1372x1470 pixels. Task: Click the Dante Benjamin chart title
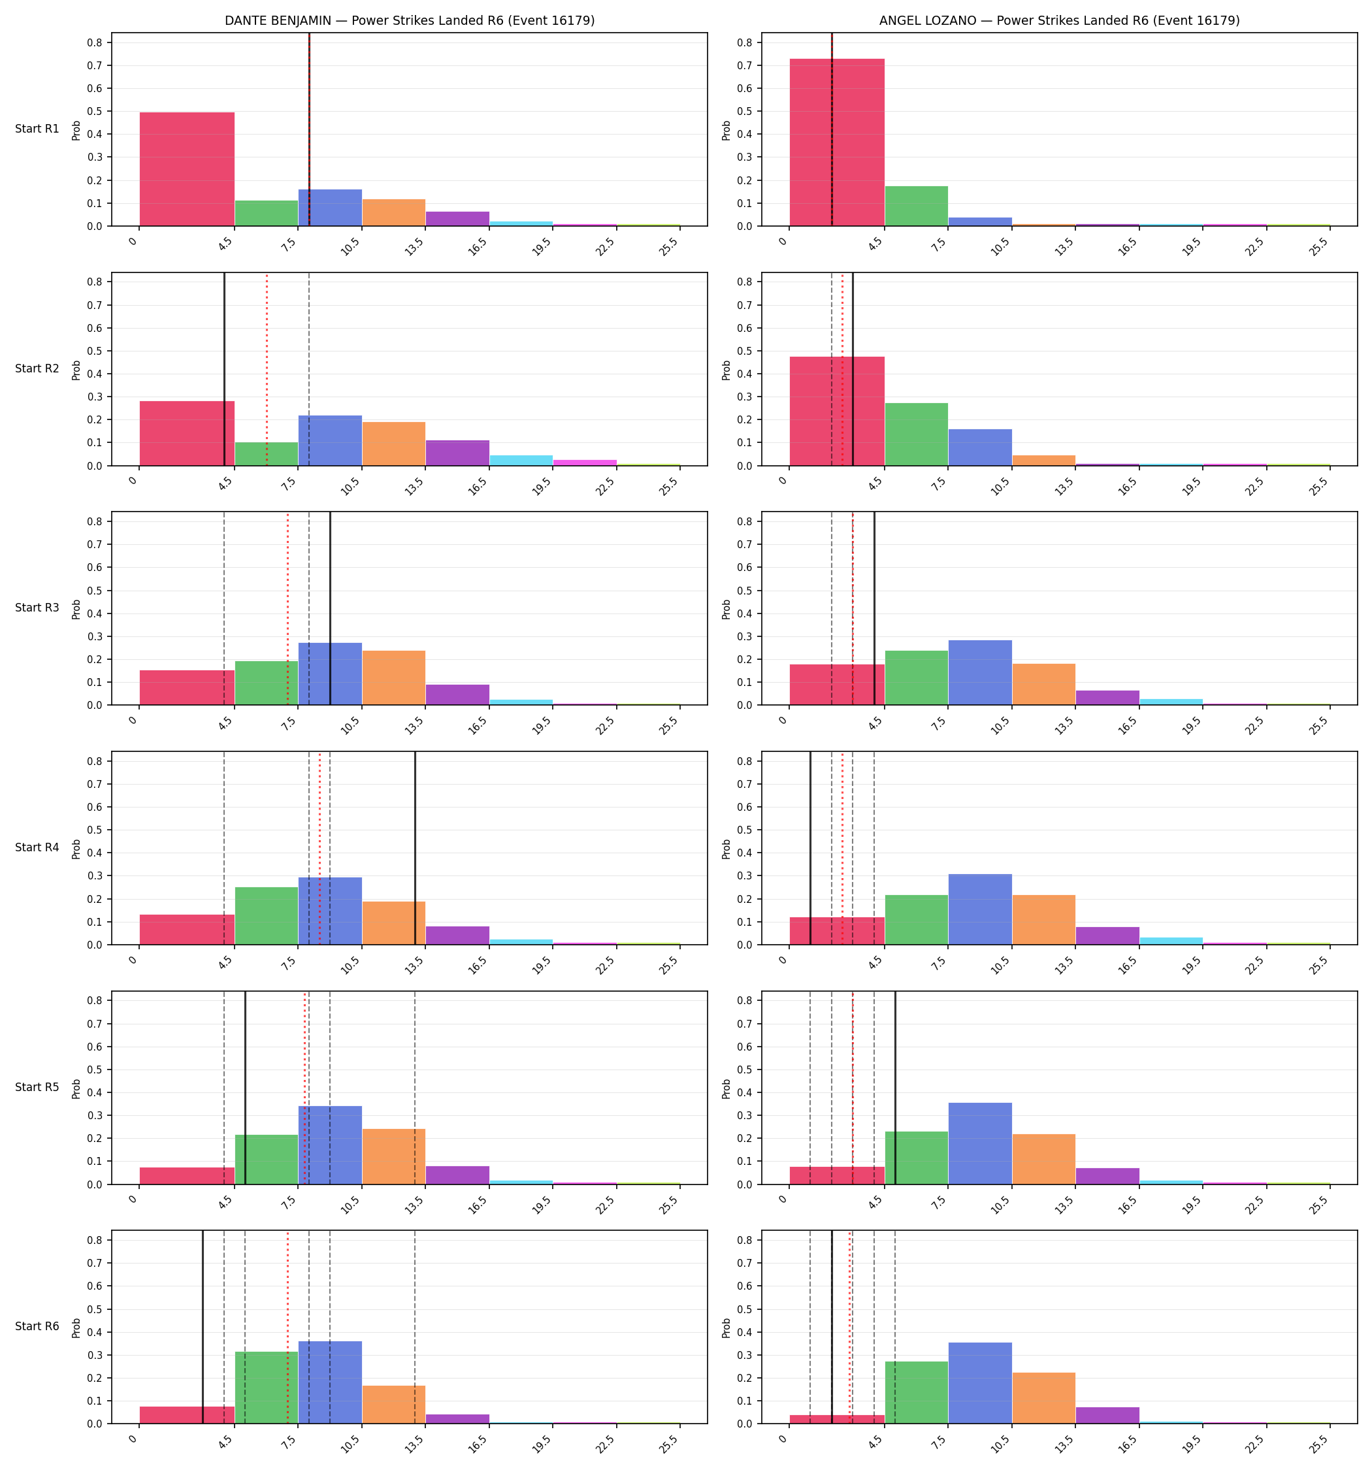coord(410,21)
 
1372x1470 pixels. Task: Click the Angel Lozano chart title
coord(1059,21)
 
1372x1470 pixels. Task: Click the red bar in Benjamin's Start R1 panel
coord(187,169)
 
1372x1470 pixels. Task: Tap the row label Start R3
coord(37,608)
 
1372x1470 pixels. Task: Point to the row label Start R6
coord(37,1326)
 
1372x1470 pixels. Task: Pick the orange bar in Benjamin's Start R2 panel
coord(393,444)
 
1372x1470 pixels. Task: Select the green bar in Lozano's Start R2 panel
coord(917,434)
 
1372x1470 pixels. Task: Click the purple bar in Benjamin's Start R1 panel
coord(457,219)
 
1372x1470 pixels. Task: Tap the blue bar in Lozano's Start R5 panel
coord(980,1144)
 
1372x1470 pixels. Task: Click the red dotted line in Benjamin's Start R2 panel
coord(267,370)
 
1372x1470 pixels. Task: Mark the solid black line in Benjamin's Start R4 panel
coord(415,848)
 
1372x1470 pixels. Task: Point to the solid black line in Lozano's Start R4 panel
coord(811,848)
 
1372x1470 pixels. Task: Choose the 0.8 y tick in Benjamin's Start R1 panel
coord(95,43)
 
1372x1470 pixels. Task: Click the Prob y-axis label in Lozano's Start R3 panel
coord(727,608)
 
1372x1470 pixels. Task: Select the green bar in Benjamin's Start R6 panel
coord(267,1388)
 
